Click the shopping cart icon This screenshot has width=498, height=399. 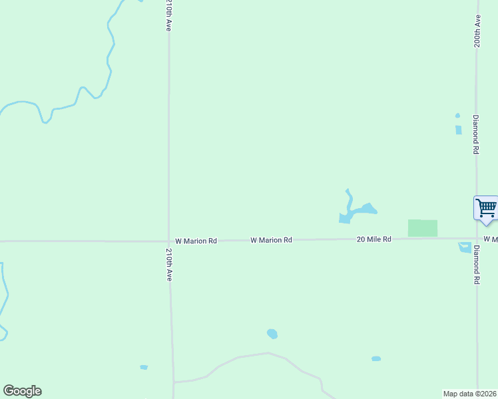pos(486,207)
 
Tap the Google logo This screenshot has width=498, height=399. pos(22,391)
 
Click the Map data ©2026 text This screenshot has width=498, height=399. pos(470,394)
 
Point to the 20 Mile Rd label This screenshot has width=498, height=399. pos(373,239)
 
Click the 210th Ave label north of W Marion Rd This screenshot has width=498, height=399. pos(169,16)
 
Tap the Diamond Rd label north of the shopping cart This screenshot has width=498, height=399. pos(476,134)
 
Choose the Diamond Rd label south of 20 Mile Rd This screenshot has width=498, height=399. pos(477,265)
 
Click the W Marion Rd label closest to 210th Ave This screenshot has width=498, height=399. pos(196,241)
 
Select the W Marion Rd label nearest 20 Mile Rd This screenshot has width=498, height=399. pos(271,240)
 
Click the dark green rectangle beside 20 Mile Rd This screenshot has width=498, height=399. pos(423,228)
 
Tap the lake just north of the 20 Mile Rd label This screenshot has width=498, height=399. pos(360,211)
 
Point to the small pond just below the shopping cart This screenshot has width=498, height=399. pos(465,248)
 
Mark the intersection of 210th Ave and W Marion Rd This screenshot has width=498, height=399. pos(169,241)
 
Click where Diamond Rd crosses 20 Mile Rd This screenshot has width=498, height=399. pos(477,238)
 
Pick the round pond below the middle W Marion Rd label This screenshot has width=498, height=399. pos(272,334)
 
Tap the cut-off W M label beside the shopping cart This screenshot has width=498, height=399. pos(491,239)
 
